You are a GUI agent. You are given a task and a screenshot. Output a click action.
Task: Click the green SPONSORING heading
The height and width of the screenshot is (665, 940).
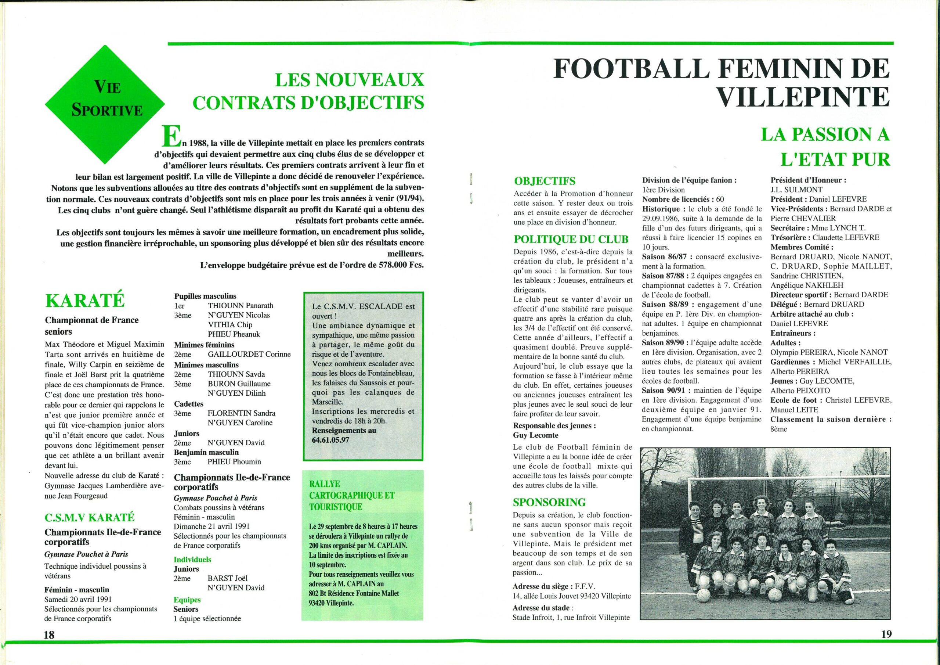point(549,502)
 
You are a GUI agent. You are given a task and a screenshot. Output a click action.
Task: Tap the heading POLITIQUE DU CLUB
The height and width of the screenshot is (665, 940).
point(571,239)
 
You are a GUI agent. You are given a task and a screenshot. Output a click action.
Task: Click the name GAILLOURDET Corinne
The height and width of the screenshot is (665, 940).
point(249,354)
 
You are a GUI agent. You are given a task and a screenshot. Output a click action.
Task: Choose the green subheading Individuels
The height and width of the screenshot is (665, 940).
point(192,559)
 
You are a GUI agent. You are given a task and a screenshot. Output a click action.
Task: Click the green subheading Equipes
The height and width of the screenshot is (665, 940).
point(187,600)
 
